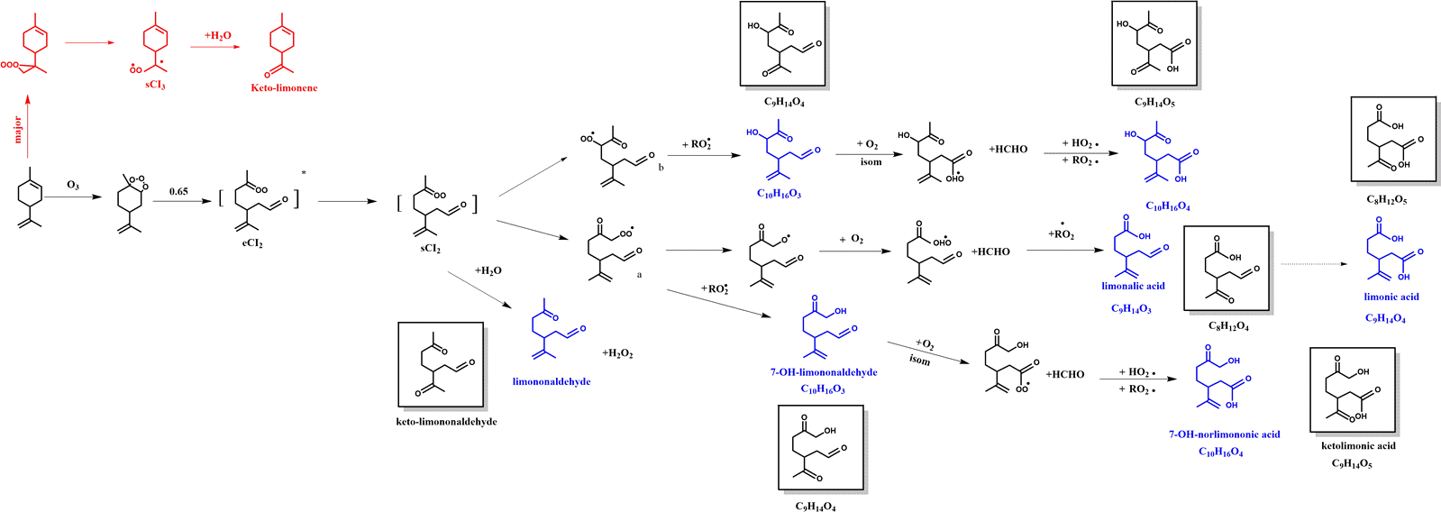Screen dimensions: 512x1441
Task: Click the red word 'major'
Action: (x=17, y=128)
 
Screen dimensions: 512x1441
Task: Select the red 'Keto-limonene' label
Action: (x=284, y=88)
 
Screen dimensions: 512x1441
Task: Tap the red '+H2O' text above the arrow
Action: (x=218, y=36)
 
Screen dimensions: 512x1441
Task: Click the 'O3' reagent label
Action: (x=73, y=186)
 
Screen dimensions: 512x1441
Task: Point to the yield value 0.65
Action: (x=178, y=191)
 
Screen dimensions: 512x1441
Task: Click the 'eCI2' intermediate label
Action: (x=252, y=242)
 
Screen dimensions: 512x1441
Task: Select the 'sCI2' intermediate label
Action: (x=431, y=248)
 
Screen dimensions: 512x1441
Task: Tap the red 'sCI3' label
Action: (x=155, y=86)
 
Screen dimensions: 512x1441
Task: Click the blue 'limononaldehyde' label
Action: (x=552, y=381)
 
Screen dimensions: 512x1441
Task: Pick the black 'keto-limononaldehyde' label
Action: (x=446, y=422)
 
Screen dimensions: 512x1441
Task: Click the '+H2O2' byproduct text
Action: (x=617, y=353)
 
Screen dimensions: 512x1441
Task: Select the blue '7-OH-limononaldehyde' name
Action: (x=824, y=372)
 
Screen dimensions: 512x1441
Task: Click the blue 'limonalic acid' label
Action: (x=1133, y=286)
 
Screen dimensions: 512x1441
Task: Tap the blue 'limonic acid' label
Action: (x=1391, y=297)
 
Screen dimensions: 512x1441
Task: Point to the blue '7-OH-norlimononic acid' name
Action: (x=1224, y=434)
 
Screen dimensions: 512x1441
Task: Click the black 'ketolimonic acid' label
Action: (x=1358, y=445)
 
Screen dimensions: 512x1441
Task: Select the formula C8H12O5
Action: (x=1386, y=200)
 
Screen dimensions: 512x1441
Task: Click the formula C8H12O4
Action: (x=1228, y=326)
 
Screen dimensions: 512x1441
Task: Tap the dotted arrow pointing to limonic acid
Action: (x=1312, y=264)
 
